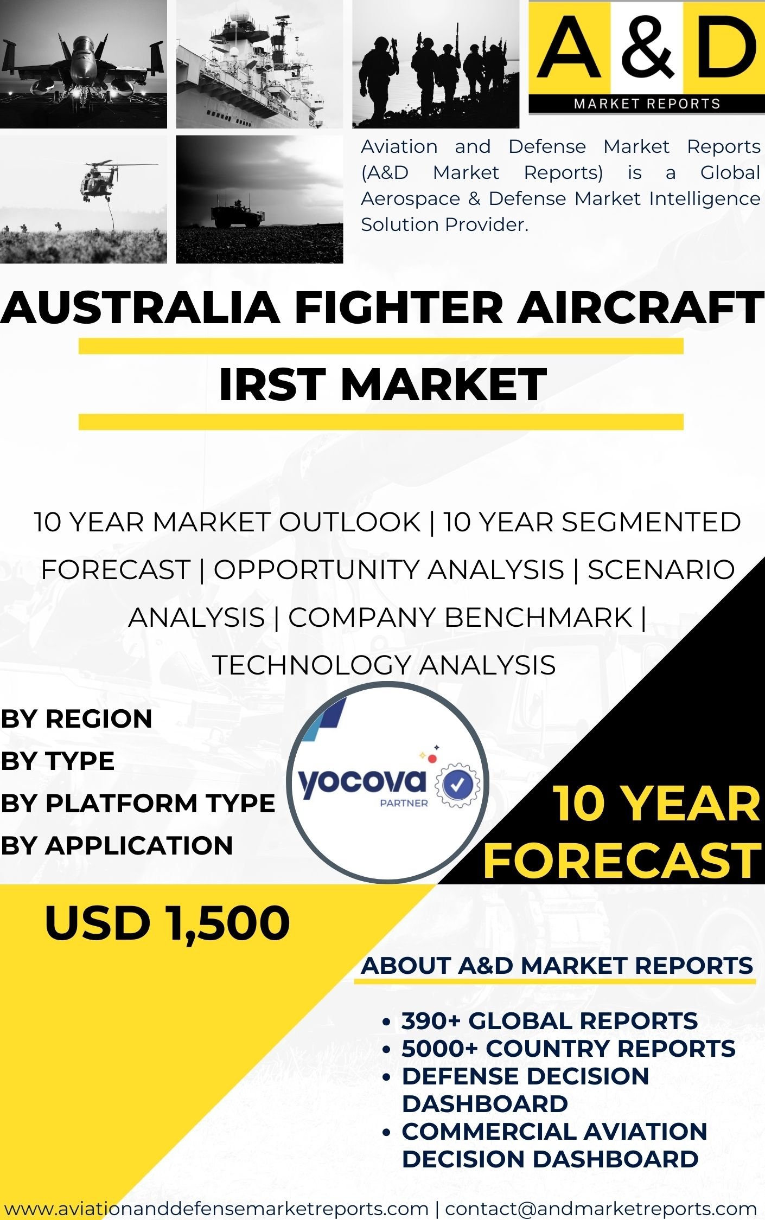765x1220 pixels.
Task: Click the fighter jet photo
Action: pyautogui.click(x=84, y=64)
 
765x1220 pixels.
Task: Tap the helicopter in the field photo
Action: pyautogui.click(x=84, y=200)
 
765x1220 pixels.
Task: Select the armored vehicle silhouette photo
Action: pyautogui.click(x=259, y=200)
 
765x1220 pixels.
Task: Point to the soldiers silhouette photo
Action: pyautogui.click(x=436, y=64)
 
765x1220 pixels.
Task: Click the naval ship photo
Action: pyautogui.click(x=259, y=64)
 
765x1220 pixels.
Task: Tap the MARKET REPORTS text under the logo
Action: pyautogui.click(x=647, y=104)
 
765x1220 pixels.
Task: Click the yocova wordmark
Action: pyautogui.click(x=362, y=782)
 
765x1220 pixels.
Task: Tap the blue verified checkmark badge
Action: pyautogui.click(x=458, y=784)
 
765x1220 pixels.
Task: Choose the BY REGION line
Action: pyautogui.click(x=76, y=719)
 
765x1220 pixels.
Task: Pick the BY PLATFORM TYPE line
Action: pyautogui.click(x=138, y=804)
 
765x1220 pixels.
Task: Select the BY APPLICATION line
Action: pyautogui.click(x=117, y=846)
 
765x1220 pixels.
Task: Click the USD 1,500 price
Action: pyautogui.click(x=167, y=924)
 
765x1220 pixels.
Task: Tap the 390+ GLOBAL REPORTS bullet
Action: pyautogui.click(x=549, y=1021)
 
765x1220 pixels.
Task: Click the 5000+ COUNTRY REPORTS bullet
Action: pyautogui.click(x=568, y=1048)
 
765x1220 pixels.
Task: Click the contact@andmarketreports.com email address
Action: pyautogui.click(x=601, y=1209)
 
